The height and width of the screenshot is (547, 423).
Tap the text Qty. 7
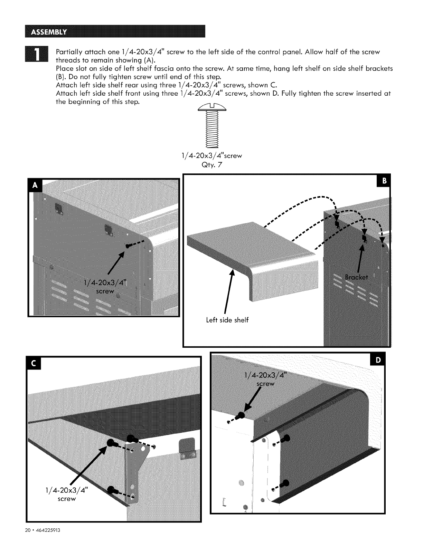tap(211, 165)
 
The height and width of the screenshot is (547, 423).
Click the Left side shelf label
tap(227, 320)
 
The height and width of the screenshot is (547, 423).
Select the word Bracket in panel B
tap(357, 277)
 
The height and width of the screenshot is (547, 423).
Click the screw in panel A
tap(129, 245)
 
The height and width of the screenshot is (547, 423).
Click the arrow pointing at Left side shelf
tap(229, 290)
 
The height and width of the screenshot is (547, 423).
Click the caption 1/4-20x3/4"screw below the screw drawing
tap(211, 156)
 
